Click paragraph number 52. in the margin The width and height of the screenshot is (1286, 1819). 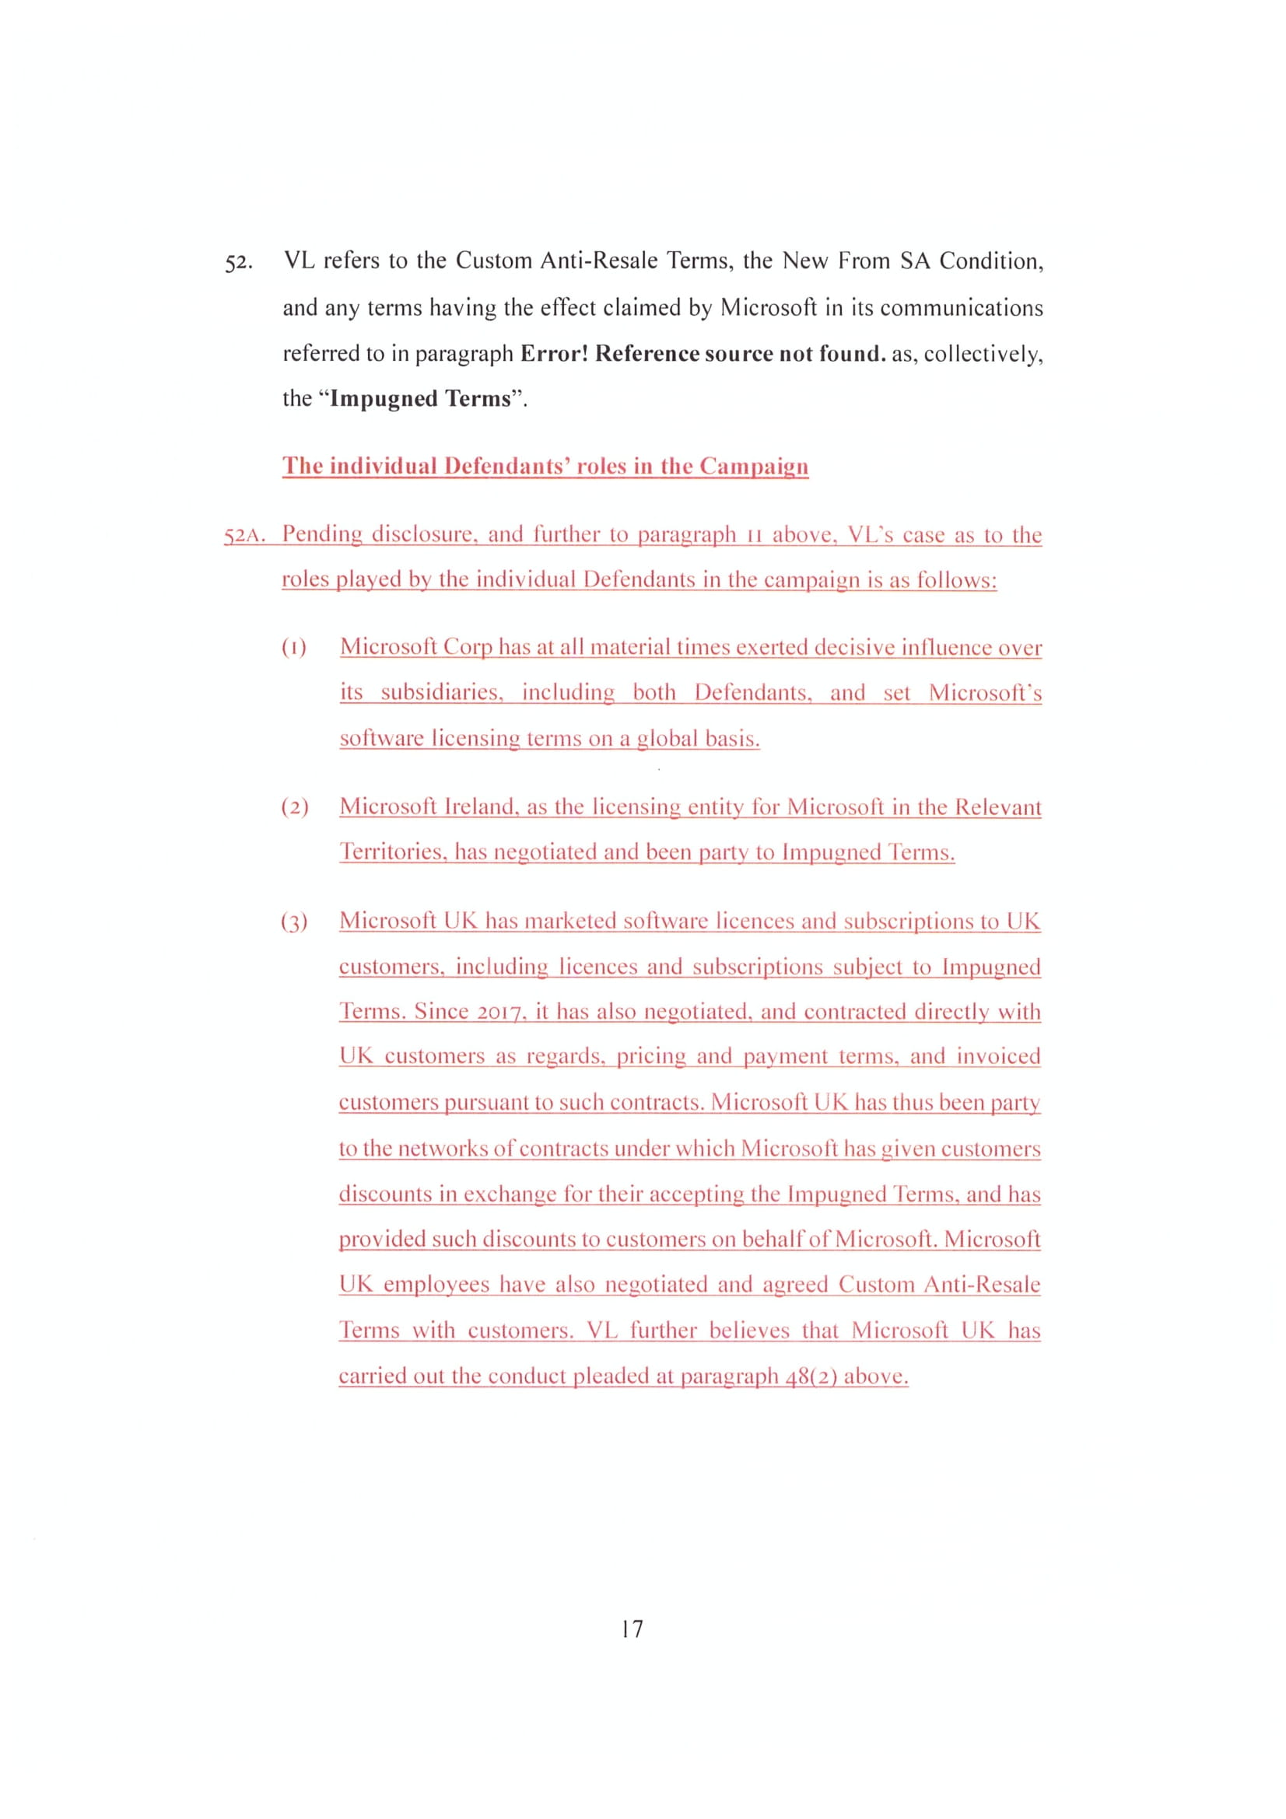pos(239,263)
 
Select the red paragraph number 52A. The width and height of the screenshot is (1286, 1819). pos(243,536)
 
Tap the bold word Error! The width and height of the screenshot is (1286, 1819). pos(554,353)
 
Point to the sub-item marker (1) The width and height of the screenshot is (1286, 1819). pos(294,648)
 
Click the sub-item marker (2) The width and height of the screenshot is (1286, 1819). pos(295,807)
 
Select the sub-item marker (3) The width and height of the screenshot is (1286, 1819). pos(294,922)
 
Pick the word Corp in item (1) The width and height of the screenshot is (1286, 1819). pos(468,647)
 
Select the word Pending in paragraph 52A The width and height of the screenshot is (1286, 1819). pos(322,534)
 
